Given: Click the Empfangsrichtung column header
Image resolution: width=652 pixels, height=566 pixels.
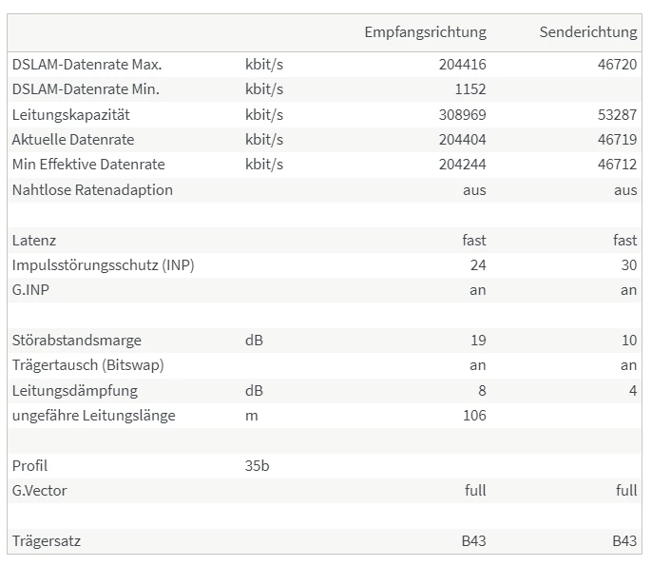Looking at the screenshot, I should pos(425,32).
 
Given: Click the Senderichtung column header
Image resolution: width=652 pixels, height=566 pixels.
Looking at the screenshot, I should pos(587,32).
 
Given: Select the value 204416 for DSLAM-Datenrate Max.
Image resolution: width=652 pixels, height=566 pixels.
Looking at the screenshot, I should pos(462,65).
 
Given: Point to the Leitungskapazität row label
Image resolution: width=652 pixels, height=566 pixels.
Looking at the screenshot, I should pos(71,115).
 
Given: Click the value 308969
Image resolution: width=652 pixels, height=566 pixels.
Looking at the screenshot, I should pos(462,115).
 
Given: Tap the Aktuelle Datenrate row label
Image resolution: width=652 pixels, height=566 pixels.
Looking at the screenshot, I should pos(73,140).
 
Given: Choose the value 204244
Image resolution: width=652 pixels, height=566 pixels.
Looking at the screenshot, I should pos(462,165).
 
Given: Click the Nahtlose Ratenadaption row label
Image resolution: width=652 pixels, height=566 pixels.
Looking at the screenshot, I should pos(92,190).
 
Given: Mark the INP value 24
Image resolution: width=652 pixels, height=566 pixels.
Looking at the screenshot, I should pos(477,265).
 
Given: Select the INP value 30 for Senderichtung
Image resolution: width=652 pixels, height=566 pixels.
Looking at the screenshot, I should pos(628,265).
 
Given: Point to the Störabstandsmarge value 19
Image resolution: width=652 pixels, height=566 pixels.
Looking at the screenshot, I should pos(477,341).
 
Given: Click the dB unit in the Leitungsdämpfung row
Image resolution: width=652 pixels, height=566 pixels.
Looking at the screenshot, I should pos(254,391).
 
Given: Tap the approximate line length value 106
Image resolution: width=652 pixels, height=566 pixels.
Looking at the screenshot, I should pos(473,416).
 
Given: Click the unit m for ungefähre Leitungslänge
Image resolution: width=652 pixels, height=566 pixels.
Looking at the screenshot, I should pos(251,416).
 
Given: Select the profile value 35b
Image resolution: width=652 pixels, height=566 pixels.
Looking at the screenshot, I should pos(258,466).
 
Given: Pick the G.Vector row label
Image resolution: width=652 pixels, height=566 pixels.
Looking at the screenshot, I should pos(39,491).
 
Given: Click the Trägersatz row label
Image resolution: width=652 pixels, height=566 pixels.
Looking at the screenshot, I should pos(47,541).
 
